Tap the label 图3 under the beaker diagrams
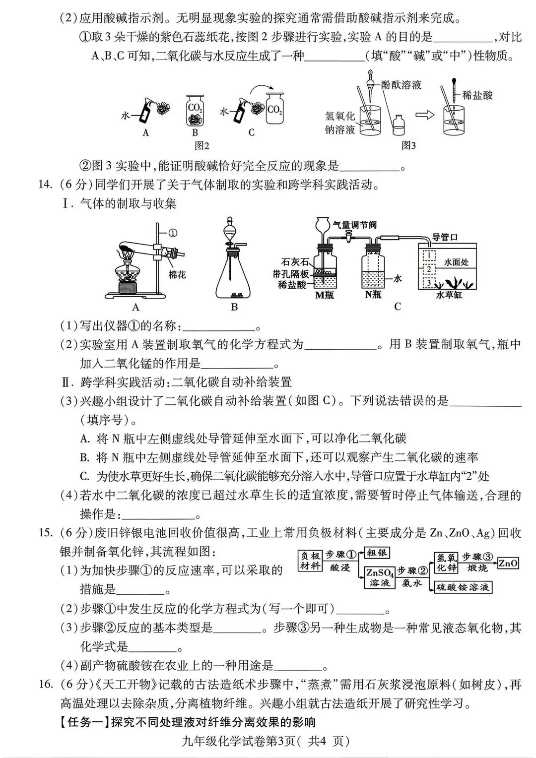coord(408,145)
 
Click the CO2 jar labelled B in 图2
coord(194,110)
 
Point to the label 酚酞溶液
coord(401,85)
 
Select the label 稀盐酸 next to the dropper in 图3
coord(477,96)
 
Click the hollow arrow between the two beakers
coord(425,115)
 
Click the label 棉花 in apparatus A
coord(177,274)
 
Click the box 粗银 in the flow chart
coord(377,553)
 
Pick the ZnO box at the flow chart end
coord(508,563)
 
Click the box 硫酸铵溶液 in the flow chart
coord(463,587)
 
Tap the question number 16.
coord(45,684)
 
